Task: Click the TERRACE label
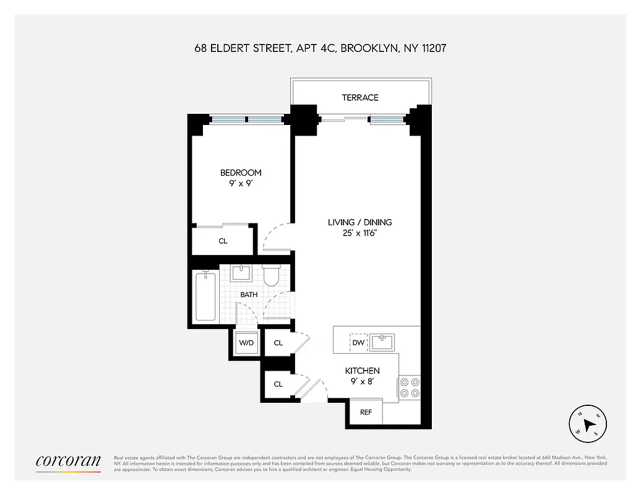click(x=359, y=98)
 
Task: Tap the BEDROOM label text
click(x=241, y=173)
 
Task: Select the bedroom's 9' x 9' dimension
click(x=241, y=184)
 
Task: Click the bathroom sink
click(x=240, y=273)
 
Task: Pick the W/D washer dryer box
click(x=246, y=343)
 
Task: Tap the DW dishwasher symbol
click(x=358, y=342)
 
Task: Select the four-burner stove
click(x=410, y=387)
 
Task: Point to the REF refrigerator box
click(x=366, y=412)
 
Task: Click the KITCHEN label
click(x=362, y=371)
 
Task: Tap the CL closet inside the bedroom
click(x=223, y=241)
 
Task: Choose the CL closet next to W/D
click(x=278, y=343)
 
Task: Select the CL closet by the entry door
click(x=278, y=384)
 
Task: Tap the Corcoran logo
click(x=68, y=462)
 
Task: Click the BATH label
click(x=249, y=295)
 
